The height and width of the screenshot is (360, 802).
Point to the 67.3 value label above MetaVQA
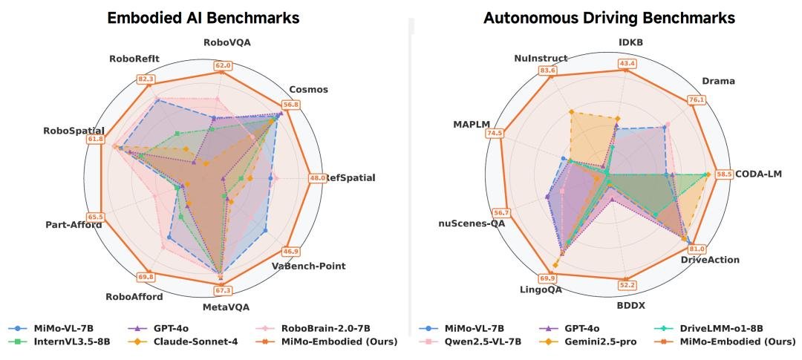[x=224, y=290]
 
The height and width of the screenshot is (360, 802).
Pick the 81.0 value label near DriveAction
[x=697, y=249]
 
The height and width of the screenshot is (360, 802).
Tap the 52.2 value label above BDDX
[x=627, y=285]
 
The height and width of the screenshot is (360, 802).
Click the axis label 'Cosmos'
[x=310, y=90]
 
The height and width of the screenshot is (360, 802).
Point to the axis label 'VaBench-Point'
[x=308, y=266]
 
